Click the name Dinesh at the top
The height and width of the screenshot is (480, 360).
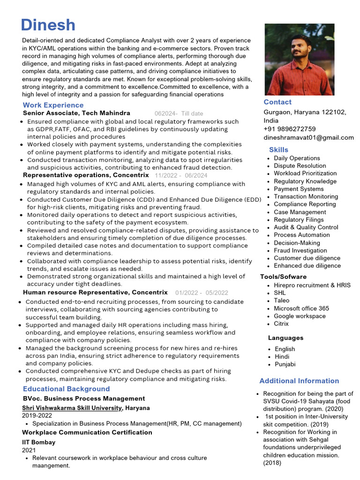(48, 25)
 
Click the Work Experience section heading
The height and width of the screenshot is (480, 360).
(53, 105)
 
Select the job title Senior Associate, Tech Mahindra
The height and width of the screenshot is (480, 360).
(76, 113)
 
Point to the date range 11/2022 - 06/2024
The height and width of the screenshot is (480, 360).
(181, 175)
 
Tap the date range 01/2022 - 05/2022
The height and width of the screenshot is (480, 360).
(202, 292)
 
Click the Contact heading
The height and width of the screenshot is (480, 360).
(277, 102)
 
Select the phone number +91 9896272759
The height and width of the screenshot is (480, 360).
(289, 129)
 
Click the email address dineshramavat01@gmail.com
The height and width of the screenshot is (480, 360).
(308, 137)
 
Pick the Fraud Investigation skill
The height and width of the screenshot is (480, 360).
(300, 250)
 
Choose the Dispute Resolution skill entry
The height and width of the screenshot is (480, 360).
(300, 165)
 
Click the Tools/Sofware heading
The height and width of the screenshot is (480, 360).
(283, 277)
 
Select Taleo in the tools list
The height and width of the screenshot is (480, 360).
(282, 300)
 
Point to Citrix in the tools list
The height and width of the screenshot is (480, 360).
(281, 323)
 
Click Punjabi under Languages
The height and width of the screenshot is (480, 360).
(285, 364)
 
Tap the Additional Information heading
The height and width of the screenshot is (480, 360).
(299, 381)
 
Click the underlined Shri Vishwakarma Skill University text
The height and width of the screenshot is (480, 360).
(71, 408)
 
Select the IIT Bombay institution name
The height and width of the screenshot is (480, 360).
(38, 442)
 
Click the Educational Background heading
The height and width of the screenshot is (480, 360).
(66, 389)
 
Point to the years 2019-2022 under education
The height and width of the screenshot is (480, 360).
(37, 415)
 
